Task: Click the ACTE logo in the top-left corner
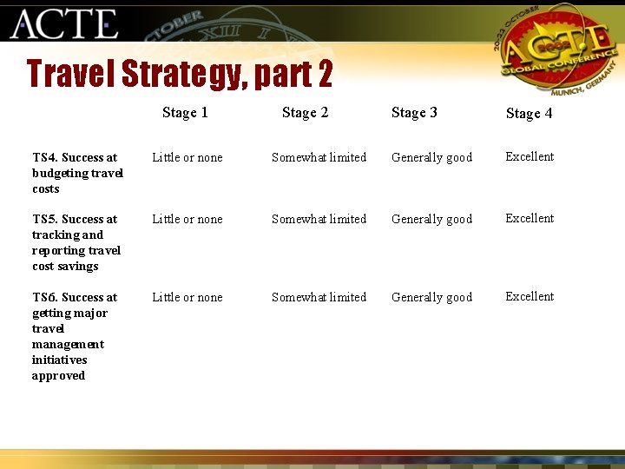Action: tap(63, 23)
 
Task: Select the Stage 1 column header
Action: tap(185, 112)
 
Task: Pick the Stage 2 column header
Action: tap(305, 112)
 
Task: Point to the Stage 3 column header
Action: tap(414, 112)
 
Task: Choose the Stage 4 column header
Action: tap(529, 113)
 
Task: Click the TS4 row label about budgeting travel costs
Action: tap(77, 173)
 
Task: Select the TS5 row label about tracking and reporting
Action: tap(76, 242)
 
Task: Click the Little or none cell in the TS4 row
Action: tap(187, 157)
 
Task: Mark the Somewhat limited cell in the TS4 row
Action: tap(319, 157)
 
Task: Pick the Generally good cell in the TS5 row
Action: tap(431, 219)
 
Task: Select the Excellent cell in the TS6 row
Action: tap(530, 296)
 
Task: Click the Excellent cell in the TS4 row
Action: tap(530, 156)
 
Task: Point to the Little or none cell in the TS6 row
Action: tap(187, 297)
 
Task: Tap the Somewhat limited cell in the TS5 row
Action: tap(319, 219)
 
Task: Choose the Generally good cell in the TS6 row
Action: tap(431, 297)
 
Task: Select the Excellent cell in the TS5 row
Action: tap(530, 218)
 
